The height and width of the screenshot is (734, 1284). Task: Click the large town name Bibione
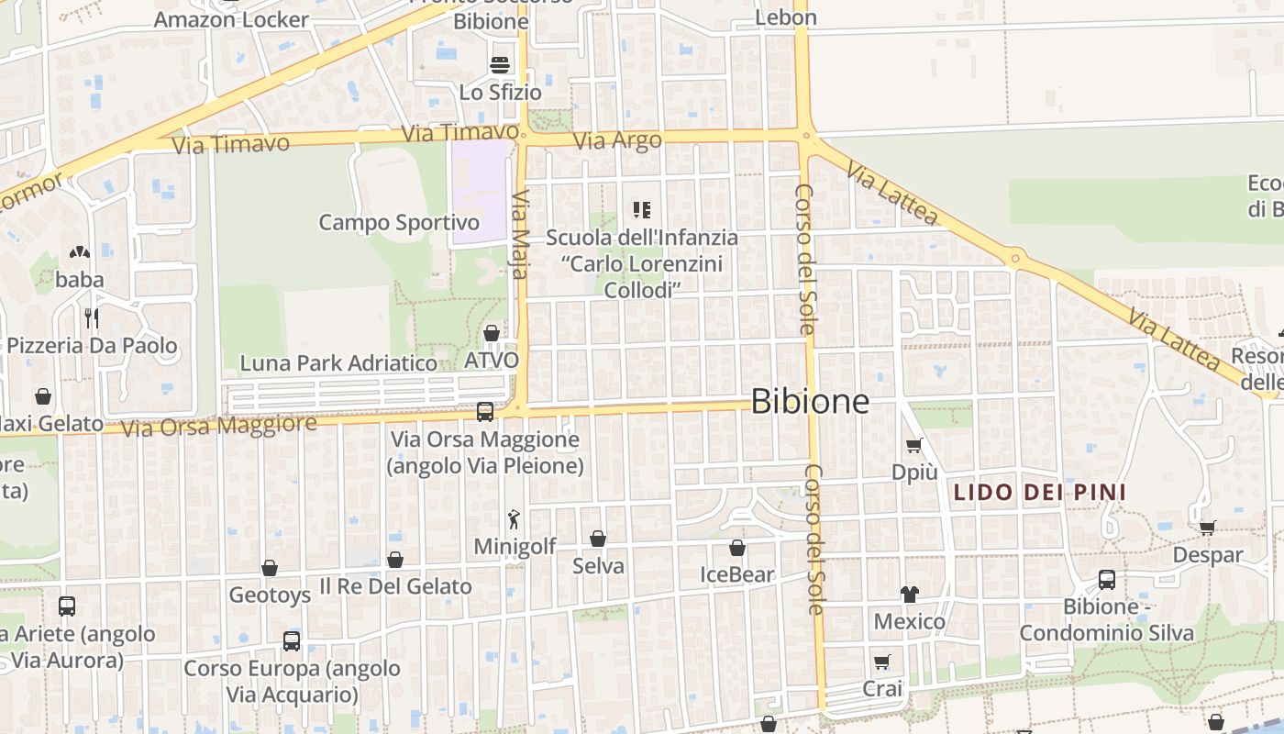810,401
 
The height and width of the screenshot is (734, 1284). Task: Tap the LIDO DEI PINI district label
1040,493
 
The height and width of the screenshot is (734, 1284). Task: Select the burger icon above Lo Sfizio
500,65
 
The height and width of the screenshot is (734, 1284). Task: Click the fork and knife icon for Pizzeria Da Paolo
91,318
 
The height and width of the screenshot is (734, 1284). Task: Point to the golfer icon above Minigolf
515,519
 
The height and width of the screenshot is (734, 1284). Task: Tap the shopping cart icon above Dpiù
913,446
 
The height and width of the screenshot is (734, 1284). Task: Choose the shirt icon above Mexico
909,595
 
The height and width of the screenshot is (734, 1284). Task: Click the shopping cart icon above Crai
882,662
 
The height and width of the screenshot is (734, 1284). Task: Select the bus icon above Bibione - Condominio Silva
1107,580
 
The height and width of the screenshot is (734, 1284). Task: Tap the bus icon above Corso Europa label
292,641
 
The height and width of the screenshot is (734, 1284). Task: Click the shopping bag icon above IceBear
736,549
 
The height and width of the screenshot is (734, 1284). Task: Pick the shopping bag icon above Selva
598,539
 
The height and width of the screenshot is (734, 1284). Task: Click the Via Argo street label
617,141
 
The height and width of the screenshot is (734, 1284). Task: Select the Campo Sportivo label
399,223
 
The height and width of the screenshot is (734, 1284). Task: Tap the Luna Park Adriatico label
338,363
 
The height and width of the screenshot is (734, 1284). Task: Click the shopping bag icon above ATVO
492,333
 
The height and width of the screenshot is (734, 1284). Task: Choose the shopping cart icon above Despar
1208,528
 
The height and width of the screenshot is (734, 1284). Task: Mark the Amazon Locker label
231,19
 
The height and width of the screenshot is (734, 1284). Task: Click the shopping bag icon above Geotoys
270,569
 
